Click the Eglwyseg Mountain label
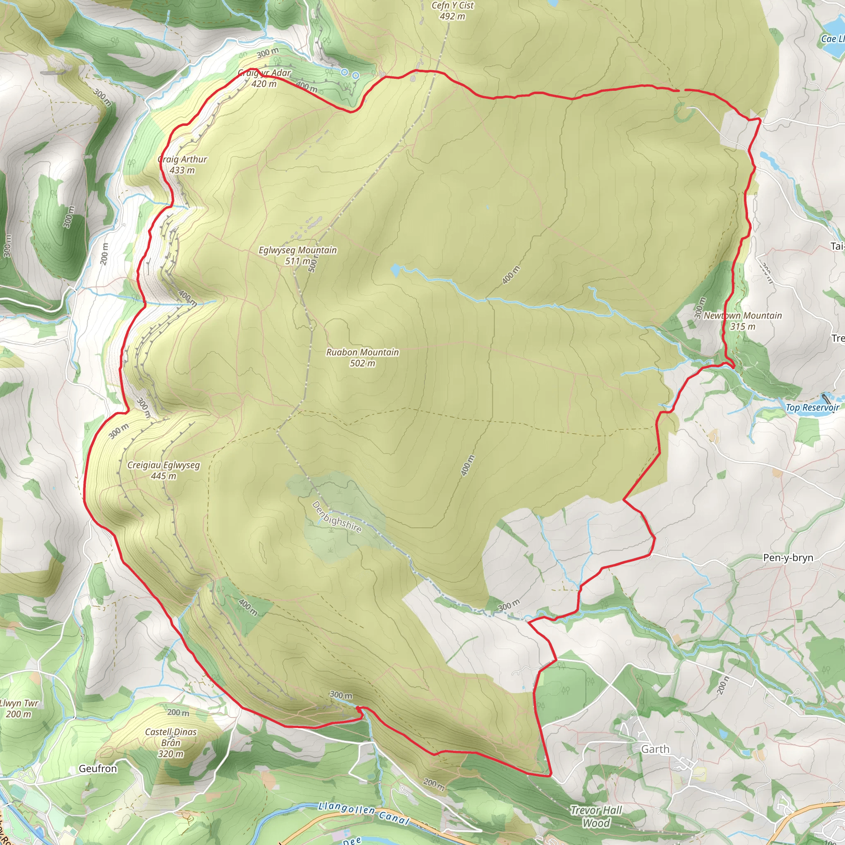coord(297,250)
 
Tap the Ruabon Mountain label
coord(362,352)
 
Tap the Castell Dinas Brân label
coord(170,742)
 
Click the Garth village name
coord(655,749)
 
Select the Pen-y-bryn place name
coord(788,558)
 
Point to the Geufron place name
coord(98,768)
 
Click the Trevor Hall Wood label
coord(596,816)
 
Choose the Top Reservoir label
coord(812,408)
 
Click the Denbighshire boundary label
coord(336,517)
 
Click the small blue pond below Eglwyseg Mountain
coord(395,270)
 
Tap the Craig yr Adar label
coord(264,73)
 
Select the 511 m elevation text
coord(298,261)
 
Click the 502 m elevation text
coord(362,363)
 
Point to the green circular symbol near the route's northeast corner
coord(684,113)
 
